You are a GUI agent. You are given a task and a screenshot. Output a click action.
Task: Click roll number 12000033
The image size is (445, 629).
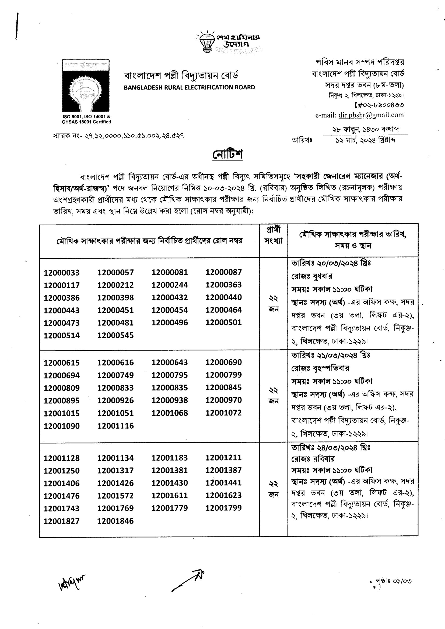tap(62, 273)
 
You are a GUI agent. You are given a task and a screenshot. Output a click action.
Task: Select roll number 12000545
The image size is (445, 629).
tap(115, 335)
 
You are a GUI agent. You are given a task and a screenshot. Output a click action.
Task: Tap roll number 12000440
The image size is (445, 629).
tap(224, 297)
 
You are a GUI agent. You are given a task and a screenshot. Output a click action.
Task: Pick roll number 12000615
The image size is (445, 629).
tap(62, 363)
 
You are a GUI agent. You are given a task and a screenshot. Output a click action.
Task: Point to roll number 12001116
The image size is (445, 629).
tap(115, 426)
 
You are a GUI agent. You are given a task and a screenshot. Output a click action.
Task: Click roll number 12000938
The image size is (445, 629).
tap(170, 400)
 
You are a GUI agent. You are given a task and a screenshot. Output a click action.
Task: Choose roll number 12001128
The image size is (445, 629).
tap(62, 458)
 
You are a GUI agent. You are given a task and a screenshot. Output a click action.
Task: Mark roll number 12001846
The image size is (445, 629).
tap(115, 521)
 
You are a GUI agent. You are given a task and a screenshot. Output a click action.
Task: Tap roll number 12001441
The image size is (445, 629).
tap(224, 483)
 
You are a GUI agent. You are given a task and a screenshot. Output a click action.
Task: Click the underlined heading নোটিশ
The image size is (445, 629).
tap(227, 155)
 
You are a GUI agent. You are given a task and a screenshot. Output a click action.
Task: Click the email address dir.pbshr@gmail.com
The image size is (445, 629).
tap(371, 115)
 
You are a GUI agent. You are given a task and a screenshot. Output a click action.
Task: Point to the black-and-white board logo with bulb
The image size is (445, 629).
tap(86, 86)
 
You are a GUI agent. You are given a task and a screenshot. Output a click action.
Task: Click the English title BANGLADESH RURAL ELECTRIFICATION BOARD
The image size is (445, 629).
tap(190, 87)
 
